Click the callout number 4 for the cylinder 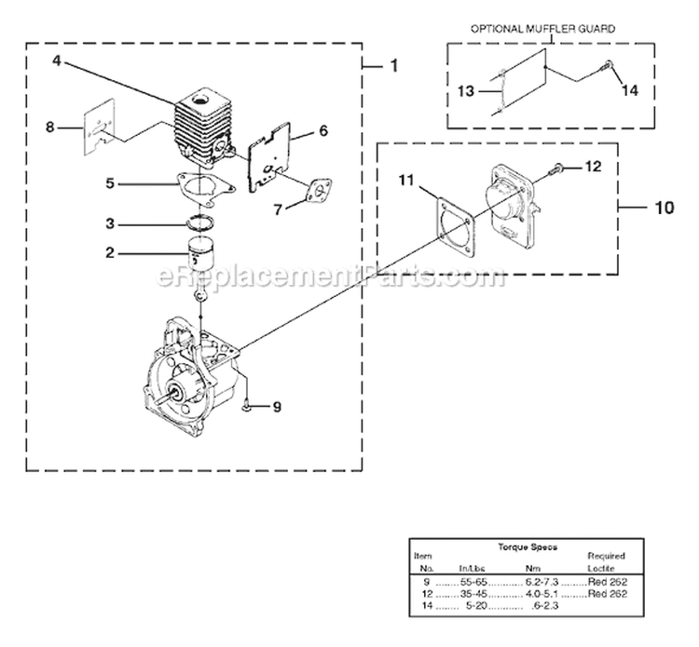tap(58, 61)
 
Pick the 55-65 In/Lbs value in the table tap(476, 581)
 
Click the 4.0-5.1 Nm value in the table tap(540, 593)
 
